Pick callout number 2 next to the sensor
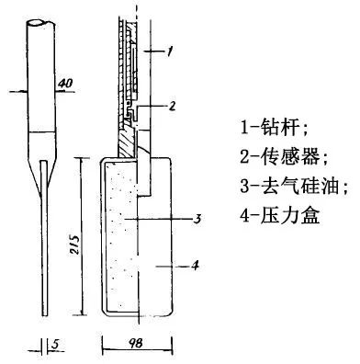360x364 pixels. click(x=171, y=106)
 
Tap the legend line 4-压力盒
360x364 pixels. click(x=270, y=219)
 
